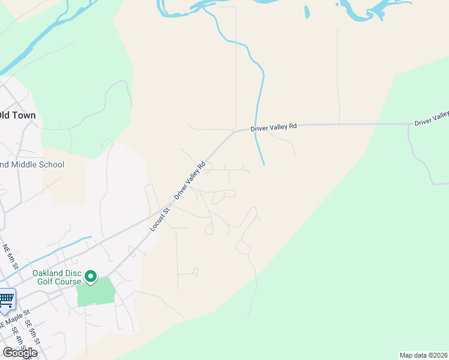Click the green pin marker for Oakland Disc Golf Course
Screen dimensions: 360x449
click(91, 277)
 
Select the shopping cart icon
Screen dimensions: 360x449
click(6, 298)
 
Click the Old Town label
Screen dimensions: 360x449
click(19, 115)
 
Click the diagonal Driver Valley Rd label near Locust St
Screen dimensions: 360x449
click(190, 180)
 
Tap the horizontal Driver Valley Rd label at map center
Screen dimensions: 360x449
click(274, 127)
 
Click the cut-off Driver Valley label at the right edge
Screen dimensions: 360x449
click(432, 118)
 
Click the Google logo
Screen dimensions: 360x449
click(19, 352)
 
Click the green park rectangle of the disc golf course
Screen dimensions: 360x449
click(96, 292)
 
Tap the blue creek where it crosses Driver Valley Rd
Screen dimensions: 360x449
click(256, 128)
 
